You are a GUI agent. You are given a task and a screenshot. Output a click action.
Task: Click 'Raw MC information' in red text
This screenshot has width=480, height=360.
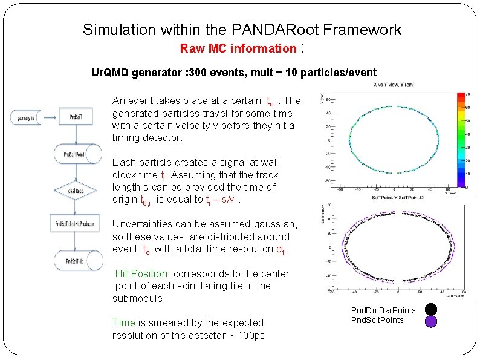(x=238, y=48)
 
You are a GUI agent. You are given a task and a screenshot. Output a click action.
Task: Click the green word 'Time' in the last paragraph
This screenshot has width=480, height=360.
(x=123, y=323)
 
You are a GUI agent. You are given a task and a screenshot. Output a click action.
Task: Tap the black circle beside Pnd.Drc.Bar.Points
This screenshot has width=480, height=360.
(x=430, y=309)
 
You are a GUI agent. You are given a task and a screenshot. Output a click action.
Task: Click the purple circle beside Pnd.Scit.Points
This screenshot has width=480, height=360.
(x=430, y=322)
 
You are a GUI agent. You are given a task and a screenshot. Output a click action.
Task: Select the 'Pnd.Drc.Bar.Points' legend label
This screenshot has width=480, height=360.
(x=383, y=310)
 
